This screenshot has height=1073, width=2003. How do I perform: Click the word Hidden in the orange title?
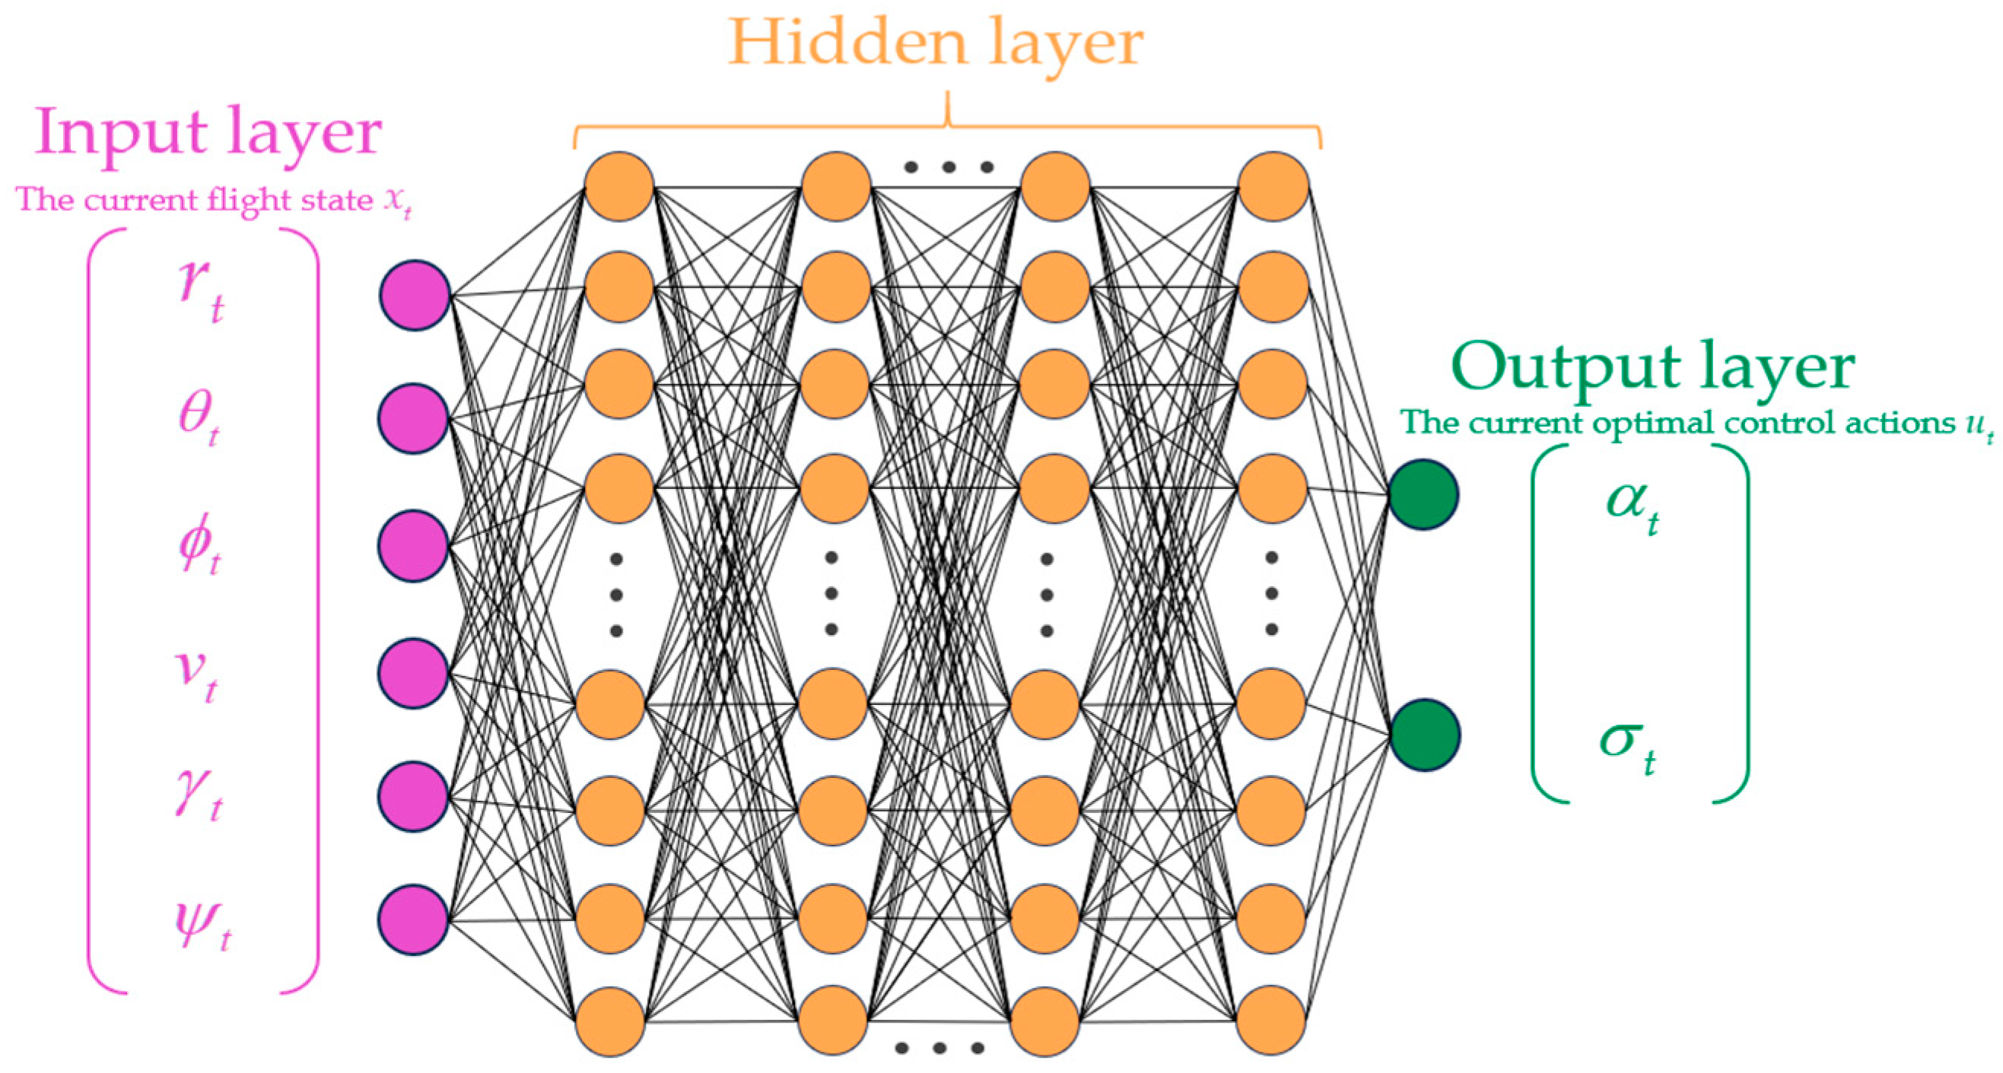847,42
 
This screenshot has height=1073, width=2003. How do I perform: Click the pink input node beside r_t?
415,296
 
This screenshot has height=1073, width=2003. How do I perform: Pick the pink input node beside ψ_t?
414,920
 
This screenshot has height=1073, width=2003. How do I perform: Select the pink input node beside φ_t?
414,546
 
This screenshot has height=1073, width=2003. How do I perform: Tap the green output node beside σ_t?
1425,735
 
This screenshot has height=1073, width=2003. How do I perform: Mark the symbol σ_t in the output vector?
1626,741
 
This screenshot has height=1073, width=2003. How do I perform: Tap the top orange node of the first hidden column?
619,186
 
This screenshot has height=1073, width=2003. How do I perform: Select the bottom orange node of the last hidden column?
1271,1021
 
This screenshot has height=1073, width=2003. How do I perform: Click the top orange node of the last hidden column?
1273,186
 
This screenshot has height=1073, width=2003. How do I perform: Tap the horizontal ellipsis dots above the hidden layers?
948,167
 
